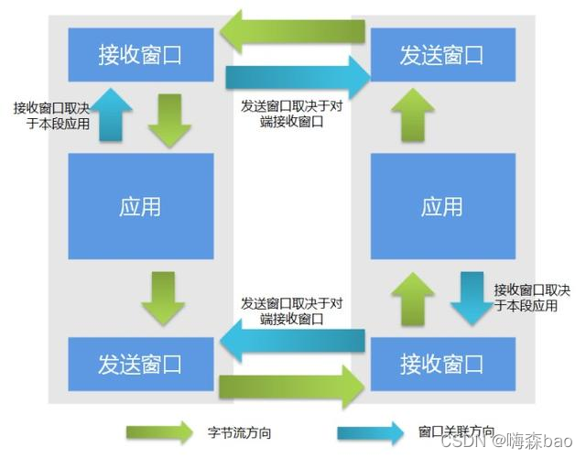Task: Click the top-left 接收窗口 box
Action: click(x=141, y=54)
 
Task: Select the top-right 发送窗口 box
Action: click(x=441, y=54)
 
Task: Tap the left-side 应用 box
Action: click(x=141, y=206)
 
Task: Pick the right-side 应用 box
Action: click(x=441, y=206)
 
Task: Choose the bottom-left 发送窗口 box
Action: click(x=141, y=364)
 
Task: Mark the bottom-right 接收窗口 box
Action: click(x=441, y=364)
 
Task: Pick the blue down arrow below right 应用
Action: click(x=472, y=296)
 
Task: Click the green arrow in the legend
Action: click(x=159, y=431)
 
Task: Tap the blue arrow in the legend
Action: click(x=370, y=431)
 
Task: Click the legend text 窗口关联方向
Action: click(x=455, y=431)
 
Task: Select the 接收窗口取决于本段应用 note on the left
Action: click(x=51, y=116)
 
